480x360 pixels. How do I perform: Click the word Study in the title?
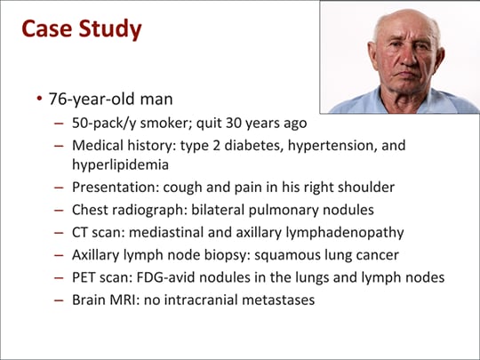109,29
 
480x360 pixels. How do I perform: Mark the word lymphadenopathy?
343,234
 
